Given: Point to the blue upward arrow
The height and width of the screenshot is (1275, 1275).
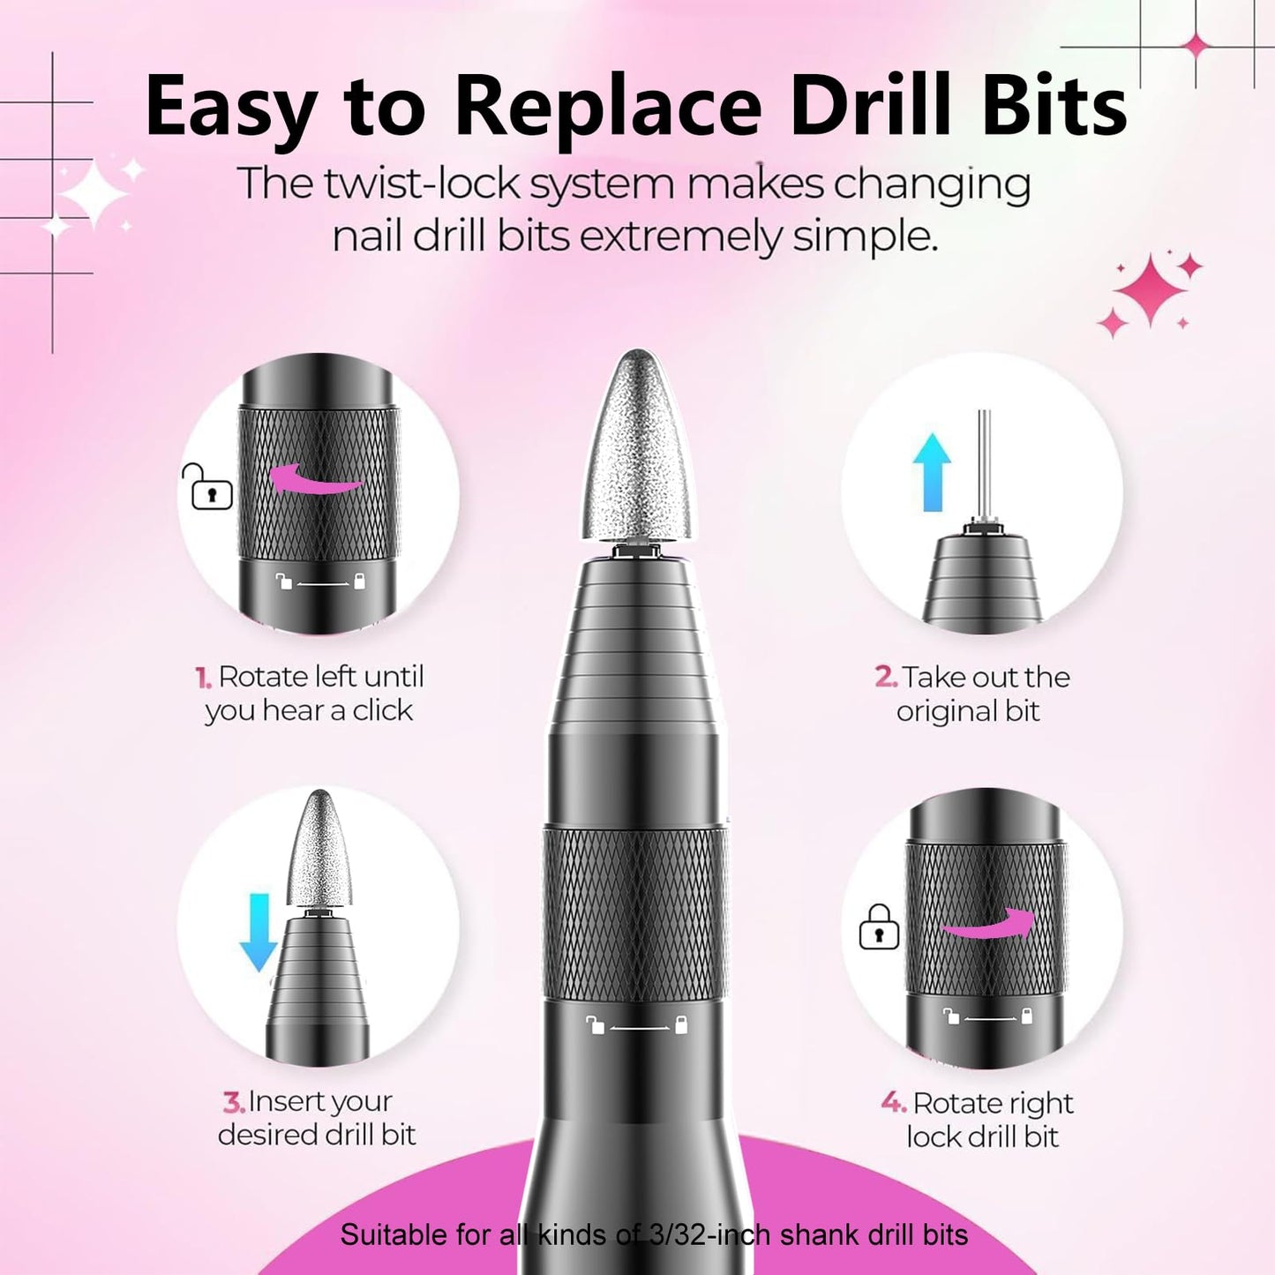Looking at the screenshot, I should [932, 471].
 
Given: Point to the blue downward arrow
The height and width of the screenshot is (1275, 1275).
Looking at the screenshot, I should [259, 931].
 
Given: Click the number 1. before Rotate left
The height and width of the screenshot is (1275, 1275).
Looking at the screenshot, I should [203, 678].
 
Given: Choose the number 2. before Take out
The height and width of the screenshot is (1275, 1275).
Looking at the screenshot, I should [885, 678].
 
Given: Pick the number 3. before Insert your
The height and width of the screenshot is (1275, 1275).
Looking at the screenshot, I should [233, 1102].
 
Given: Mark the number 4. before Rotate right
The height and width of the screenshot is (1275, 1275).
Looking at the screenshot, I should [893, 1103].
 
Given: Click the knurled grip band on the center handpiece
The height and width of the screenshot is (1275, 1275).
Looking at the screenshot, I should [635, 913].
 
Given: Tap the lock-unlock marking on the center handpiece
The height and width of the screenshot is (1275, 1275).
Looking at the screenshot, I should [636, 1025].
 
